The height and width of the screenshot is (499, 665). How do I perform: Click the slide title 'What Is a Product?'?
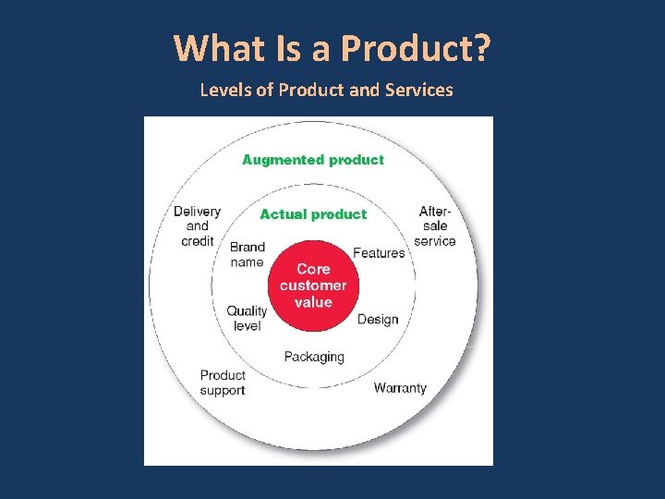(332, 48)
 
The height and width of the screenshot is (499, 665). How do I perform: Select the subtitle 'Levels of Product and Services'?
(326, 91)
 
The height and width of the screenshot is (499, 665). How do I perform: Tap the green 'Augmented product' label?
(312, 160)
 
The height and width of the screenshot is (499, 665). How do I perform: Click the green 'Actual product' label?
(313, 214)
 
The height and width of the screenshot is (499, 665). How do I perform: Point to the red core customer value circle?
(313, 286)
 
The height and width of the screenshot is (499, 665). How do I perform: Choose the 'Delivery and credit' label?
(198, 226)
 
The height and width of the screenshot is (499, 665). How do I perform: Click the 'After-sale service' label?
(435, 226)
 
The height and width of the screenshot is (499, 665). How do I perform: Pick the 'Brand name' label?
(247, 254)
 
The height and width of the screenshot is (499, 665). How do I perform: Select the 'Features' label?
(379, 253)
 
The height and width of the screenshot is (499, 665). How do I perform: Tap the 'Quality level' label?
(247, 318)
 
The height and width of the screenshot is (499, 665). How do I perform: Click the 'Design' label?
(378, 320)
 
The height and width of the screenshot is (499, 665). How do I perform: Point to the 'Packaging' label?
(314, 357)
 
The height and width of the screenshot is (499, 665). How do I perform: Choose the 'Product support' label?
(223, 383)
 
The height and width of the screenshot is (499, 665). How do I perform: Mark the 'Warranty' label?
(400, 388)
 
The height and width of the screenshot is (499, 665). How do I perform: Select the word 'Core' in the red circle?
(313, 269)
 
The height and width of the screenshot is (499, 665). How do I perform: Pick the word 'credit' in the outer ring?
(198, 241)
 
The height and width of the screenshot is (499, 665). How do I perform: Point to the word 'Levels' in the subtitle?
(222, 91)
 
